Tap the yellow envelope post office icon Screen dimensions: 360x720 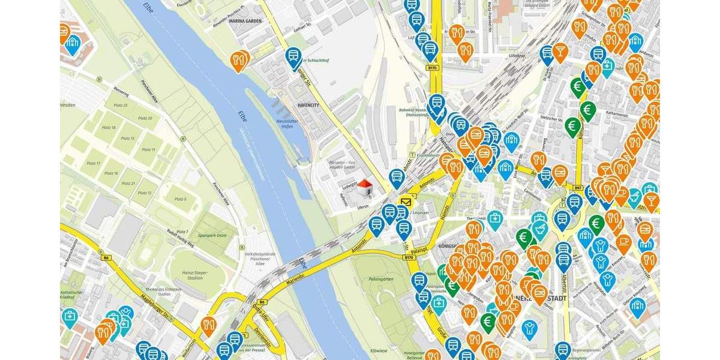click(407, 202)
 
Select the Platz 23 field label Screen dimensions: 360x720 click(120, 105)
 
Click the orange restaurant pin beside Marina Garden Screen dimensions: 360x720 click(239, 60)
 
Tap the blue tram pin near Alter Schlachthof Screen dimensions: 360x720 click(293, 58)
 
